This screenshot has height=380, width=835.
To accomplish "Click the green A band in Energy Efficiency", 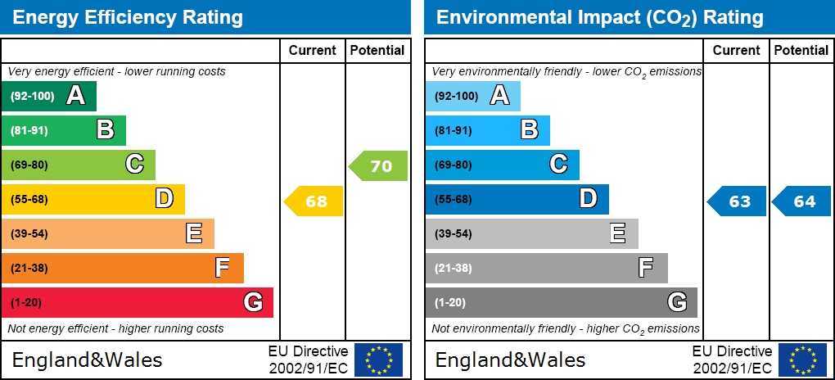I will [49, 96].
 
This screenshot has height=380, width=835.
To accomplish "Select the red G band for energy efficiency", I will [137, 302].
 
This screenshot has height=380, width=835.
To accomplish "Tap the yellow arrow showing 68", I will [314, 201].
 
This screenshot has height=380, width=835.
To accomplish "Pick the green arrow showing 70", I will [379, 166].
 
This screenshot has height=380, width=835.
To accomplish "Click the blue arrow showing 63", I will [738, 201].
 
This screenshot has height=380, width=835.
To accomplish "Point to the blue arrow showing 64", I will [802, 201].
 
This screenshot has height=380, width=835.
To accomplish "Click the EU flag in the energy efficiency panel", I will [378, 360].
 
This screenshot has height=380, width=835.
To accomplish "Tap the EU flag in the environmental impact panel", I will [802, 360].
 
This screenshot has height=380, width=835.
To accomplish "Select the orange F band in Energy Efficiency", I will [123, 268].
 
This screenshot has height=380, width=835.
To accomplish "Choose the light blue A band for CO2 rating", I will [472, 96].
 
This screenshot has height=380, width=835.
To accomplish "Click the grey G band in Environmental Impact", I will [561, 302].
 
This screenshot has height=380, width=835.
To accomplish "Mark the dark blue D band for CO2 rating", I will [517, 199].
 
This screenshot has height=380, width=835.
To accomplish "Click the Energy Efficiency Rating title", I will [128, 17].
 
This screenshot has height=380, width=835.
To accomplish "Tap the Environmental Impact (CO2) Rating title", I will [599, 17].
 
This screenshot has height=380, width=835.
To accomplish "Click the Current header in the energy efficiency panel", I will [313, 50].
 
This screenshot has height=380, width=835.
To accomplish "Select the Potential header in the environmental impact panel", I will [801, 50].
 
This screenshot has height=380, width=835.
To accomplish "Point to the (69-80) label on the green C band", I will [29, 165].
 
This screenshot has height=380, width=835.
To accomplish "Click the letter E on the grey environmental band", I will [618, 233].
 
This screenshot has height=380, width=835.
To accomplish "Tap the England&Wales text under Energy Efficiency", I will [87, 360].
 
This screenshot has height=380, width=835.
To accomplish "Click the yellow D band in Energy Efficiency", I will [93, 199].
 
